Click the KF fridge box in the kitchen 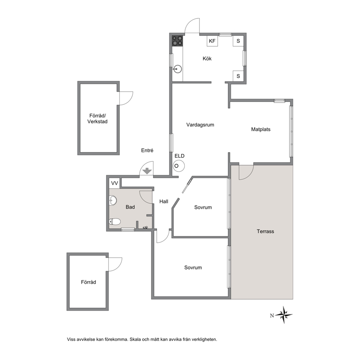[x=212, y=41]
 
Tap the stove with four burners [x=177, y=41]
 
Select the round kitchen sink [x=177, y=69]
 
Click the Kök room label [x=207, y=58]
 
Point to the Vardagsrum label [x=200, y=125]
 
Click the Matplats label [x=261, y=129]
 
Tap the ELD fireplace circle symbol [x=179, y=166]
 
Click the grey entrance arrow [x=147, y=171]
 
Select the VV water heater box [x=114, y=183]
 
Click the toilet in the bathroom [x=115, y=222]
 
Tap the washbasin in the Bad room [x=112, y=200]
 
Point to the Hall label [x=164, y=201]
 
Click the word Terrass [x=265, y=232]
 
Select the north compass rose [x=284, y=315]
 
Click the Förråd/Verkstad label [x=97, y=119]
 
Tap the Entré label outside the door [x=147, y=150]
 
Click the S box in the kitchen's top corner [x=238, y=41]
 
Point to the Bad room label [x=130, y=207]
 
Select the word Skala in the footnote [x=135, y=339]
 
